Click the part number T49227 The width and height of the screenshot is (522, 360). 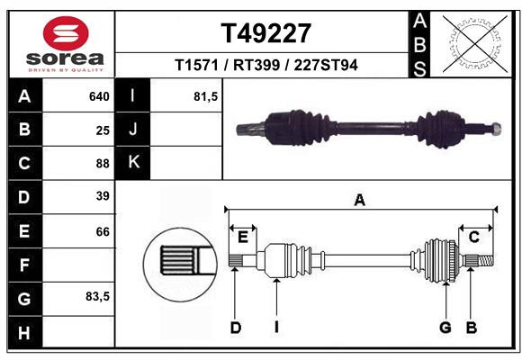tap(266, 33)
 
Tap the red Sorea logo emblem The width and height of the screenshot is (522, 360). tap(66, 33)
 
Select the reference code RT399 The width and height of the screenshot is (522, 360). tap(256, 65)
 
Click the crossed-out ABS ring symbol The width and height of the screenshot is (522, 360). tap(475, 44)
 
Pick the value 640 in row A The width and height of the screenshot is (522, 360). tap(99, 96)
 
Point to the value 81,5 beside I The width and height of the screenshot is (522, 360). tap(206, 97)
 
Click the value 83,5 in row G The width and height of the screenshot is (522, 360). tap(97, 296)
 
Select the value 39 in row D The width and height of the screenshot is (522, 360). tap(103, 196)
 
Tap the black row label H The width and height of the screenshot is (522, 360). tap(24, 333)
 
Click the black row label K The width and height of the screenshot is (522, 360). tap(133, 162)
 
